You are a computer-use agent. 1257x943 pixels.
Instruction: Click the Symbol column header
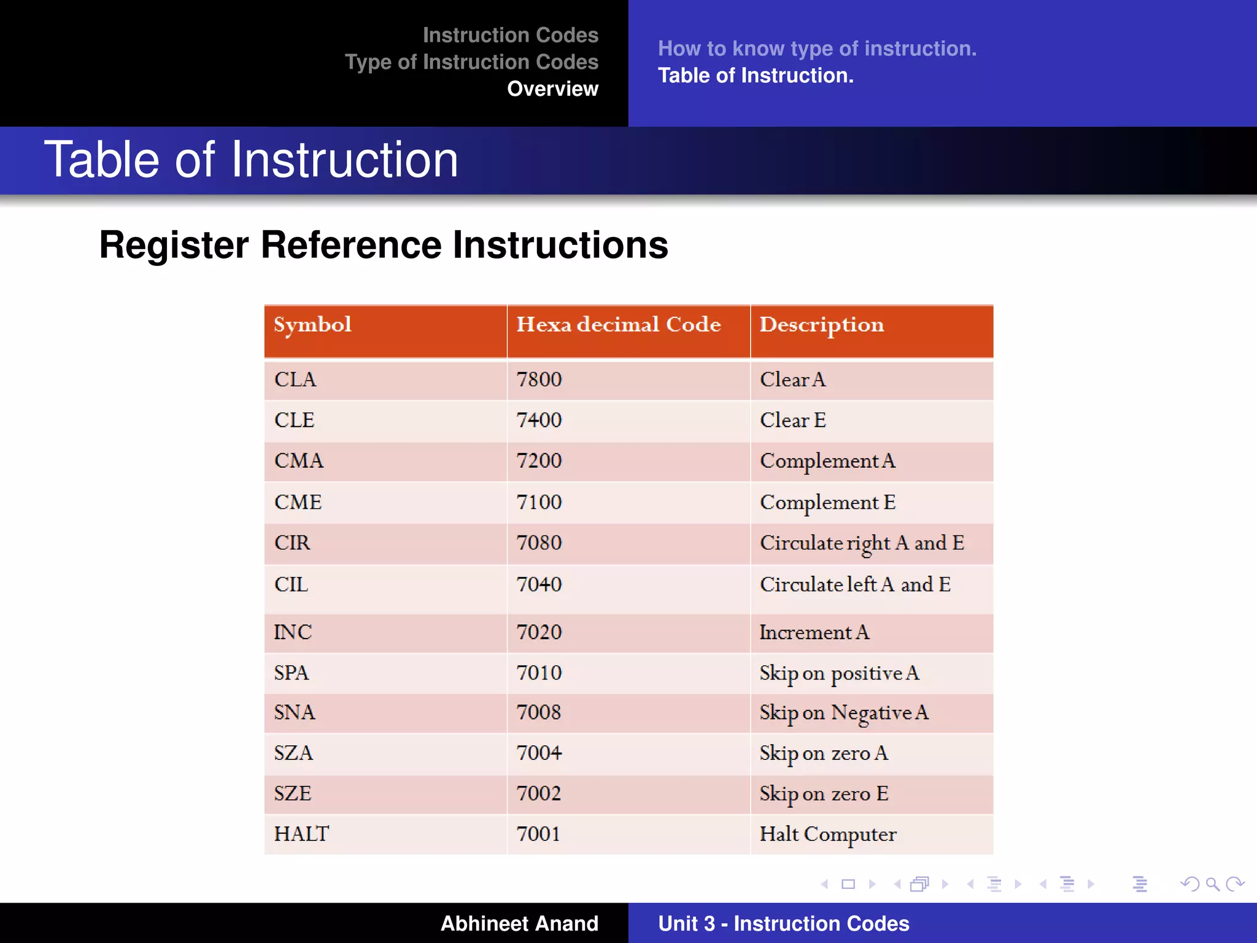click(x=312, y=325)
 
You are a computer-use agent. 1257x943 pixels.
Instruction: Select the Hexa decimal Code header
click(x=618, y=325)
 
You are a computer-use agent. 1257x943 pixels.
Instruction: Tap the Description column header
click(x=821, y=325)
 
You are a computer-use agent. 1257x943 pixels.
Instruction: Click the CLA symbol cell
click(x=295, y=379)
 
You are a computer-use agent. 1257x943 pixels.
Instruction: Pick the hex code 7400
click(x=539, y=420)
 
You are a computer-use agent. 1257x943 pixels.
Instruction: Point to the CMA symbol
click(x=298, y=461)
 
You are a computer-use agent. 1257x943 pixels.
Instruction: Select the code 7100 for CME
click(x=539, y=502)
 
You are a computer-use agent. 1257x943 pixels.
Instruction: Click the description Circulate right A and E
click(x=862, y=543)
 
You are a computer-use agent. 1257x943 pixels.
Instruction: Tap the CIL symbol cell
click(x=291, y=584)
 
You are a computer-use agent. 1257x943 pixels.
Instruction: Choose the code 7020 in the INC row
click(x=539, y=632)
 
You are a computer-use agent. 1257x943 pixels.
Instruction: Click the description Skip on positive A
click(x=839, y=673)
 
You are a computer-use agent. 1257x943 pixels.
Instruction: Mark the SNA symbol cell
click(x=294, y=713)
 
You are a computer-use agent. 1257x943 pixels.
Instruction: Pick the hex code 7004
click(x=539, y=753)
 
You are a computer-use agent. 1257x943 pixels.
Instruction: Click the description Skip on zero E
click(x=824, y=794)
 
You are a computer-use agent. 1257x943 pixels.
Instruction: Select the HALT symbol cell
click(x=301, y=834)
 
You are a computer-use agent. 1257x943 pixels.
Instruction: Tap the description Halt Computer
click(x=827, y=834)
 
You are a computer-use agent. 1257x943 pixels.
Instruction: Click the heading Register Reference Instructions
click(x=384, y=245)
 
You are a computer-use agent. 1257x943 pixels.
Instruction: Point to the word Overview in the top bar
click(x=552, y=89)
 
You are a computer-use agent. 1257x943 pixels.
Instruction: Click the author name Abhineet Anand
click(x=519, y=923)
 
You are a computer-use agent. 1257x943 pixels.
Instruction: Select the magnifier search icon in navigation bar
click(x=1212, y=884)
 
